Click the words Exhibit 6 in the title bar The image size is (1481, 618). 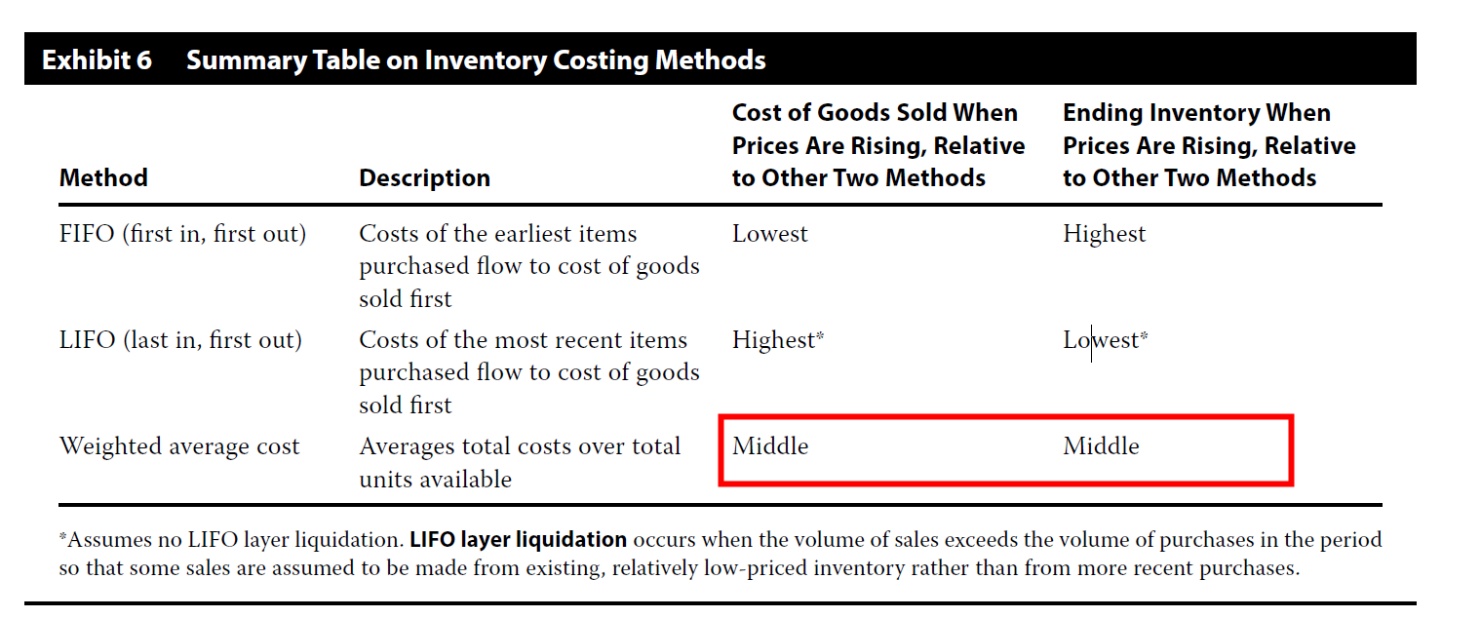tap(97, 60)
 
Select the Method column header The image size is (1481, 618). tap(103, 177)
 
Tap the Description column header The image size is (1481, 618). tap(424, 177)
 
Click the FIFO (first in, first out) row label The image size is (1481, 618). tap(182, 234)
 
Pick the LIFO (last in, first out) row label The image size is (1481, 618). tap(180, 340)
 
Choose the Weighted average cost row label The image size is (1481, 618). tap(179, 446)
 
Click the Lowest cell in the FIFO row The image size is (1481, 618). tap(769, 234)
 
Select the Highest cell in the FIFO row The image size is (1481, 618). tap(1104, 234)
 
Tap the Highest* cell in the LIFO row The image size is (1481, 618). tap(777, 340)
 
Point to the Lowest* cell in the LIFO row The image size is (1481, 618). tap(1106, 340)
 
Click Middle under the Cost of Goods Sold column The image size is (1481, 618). tap(770, 446)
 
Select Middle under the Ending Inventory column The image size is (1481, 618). tap(1101, 446)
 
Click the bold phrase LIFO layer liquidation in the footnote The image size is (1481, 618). tap(518, 540)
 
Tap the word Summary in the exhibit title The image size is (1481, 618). tap(247, 60)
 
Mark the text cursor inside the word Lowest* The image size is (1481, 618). tap(1091, 343)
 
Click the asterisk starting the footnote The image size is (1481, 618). tap(62, 536)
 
